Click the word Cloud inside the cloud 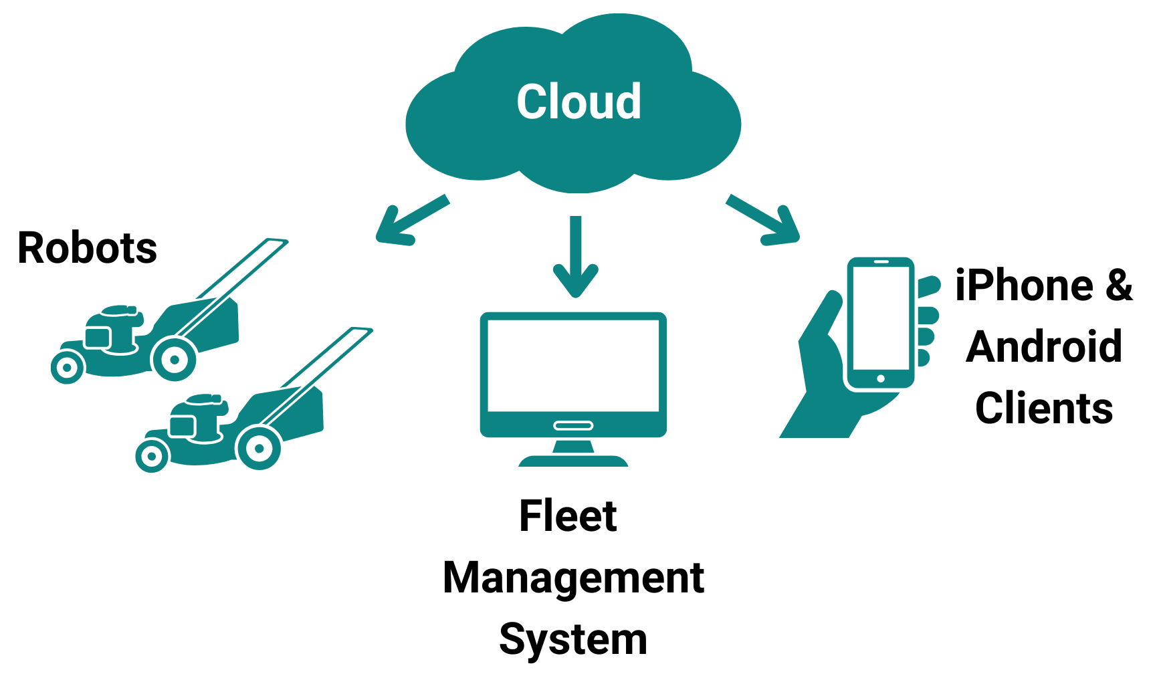click(579, 102)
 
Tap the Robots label click(87, 248)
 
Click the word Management click(573, 578)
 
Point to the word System click(573, 639)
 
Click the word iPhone click(1024, 286)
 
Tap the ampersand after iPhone click(1118, 286)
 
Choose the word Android click(1044, 346)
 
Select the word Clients click(1044, 408)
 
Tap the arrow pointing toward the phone click(766, 221)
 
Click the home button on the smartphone click(880, 379)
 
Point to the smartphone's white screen click(880, 318)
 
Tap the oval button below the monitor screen click(573, 425)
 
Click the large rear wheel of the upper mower click(174, 359)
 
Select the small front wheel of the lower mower click(152, 457)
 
